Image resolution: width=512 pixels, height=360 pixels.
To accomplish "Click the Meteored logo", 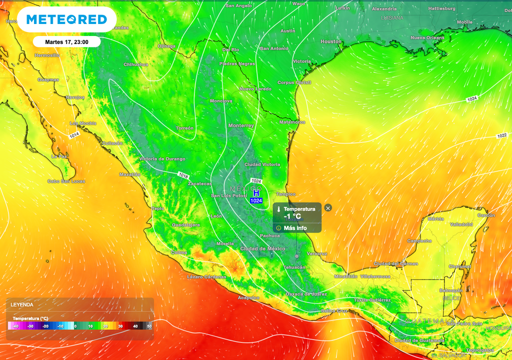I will [x=66, y=19].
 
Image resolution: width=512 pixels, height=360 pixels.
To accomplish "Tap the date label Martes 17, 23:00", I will [x=66, y=42].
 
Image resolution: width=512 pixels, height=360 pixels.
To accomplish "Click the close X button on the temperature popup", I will [x=328, y=208].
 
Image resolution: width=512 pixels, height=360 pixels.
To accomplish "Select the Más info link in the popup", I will [x=295, y=228].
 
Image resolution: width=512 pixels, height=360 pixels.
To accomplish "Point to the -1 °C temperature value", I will [x=292, y=216].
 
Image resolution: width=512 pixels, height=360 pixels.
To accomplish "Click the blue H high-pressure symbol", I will [x=256, y=193].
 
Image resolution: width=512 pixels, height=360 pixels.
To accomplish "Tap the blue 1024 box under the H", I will [x=256, y=200].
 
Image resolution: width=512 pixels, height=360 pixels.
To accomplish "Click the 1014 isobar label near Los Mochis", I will [x=74, y=135].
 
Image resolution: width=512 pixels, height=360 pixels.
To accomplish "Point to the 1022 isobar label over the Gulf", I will [x=502, y=136].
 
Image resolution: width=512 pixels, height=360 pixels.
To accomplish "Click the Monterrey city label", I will [x=241, y=125].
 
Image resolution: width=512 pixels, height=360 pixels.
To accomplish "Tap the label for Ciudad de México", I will [x=262, y=248].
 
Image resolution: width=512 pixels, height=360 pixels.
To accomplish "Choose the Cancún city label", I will [x=485, y=215].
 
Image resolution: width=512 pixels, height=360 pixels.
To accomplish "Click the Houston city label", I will [x=330, y=41].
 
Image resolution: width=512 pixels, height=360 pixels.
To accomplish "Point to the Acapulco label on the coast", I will [x=248, y=297].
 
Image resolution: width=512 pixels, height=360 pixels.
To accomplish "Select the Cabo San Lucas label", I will [x=66, y=181].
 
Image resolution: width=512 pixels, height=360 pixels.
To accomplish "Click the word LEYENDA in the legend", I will [x=23, y=304].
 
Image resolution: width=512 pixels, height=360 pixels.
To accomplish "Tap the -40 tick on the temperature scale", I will [x=16, y=326].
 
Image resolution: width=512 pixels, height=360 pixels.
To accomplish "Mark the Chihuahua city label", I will [x=136, y=64].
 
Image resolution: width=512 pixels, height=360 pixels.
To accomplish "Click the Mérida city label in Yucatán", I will [x=435, y=218].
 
